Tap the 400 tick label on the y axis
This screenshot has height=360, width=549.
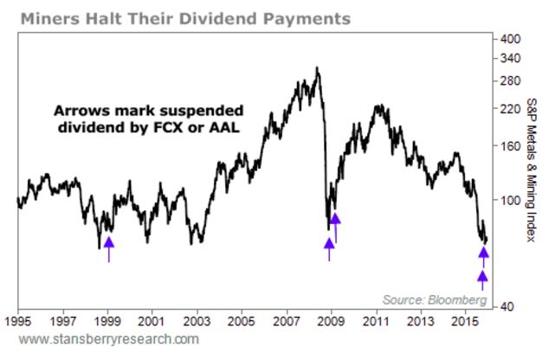(x=509, y=39)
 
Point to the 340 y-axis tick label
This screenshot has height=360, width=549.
(x=509, y=58)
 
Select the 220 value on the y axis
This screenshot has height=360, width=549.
(x=509, y=110)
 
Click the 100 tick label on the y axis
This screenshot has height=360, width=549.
(x=509, y=200)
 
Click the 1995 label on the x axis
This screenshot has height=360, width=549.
(x=17, y=321)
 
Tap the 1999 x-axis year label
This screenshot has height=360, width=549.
(x=107, y=321)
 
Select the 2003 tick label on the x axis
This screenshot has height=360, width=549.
(x=197, y=321)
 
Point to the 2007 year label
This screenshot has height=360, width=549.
(x=287, y=321)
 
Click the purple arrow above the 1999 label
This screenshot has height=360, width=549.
(x=108, y=248)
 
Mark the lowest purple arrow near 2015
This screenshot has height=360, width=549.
(x=483, y=279)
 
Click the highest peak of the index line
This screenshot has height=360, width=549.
(x=317, y=67)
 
